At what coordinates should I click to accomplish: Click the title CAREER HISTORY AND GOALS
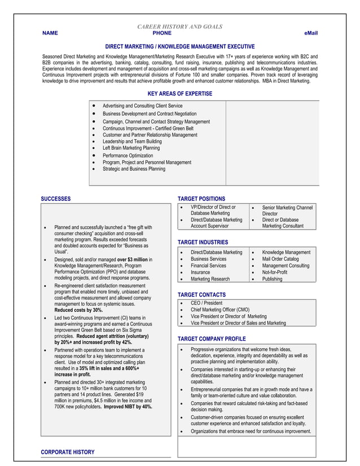click(180, 27)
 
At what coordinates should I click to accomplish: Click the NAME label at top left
click(50, 34)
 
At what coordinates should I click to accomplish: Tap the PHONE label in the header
click(162, 34)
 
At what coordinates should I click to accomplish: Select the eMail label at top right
click(311, 34)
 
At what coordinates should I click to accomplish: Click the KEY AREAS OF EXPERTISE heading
click(180, 93)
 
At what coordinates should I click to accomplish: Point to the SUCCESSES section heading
click(56, 199)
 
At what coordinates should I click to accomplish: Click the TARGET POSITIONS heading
click(201, 199)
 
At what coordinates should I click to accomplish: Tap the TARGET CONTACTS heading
click(201, 294)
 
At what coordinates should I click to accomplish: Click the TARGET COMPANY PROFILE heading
click(212, 338)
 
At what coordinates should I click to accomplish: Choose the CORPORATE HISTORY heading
click(68, 452)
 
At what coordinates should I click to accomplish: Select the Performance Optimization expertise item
click(128, 155)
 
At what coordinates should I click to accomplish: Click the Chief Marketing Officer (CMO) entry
click(220, 310)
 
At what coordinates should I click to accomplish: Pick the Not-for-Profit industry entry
click(275, 272)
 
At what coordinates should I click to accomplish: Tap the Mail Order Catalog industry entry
click(280, 259)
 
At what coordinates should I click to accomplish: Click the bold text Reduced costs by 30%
click(78, 310)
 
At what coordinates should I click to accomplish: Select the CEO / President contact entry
click(207, 303)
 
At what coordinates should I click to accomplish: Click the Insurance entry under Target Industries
click(200, 272)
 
